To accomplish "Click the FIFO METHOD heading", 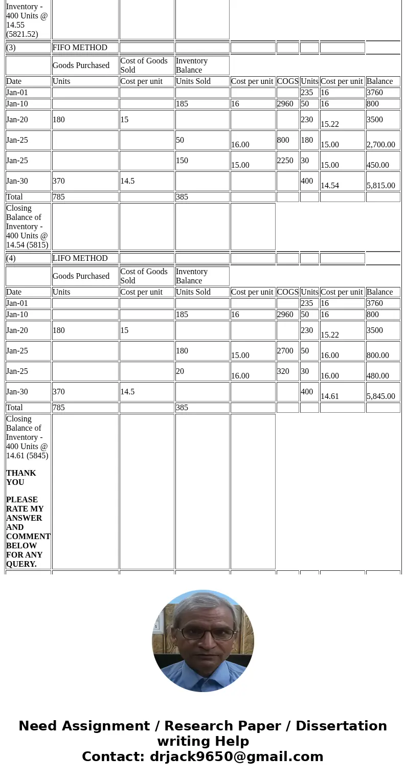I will [x=80, y=48].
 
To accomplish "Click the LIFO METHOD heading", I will [x=80, y=258].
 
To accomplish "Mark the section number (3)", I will [x=11, y=48].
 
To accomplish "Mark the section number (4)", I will [x=11, y=258].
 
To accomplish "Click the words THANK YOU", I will [x=21, y=478].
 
